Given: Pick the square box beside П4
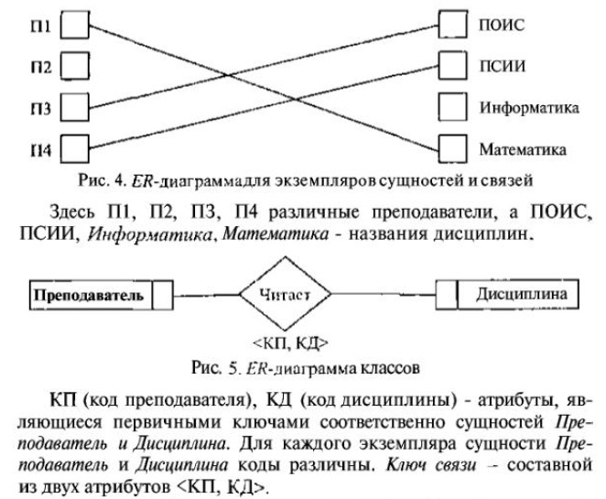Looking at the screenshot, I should (x=75, y=146).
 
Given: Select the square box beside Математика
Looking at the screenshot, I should (x=452, y=146).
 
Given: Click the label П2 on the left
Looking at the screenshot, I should (x=39, y=65).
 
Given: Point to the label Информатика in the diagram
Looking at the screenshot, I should (x=529, y=106).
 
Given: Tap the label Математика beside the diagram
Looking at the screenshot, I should (x=525, y=146).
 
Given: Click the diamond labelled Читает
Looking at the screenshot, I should (x=284, y=295).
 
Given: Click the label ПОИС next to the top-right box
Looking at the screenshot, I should (x=502, y=25).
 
